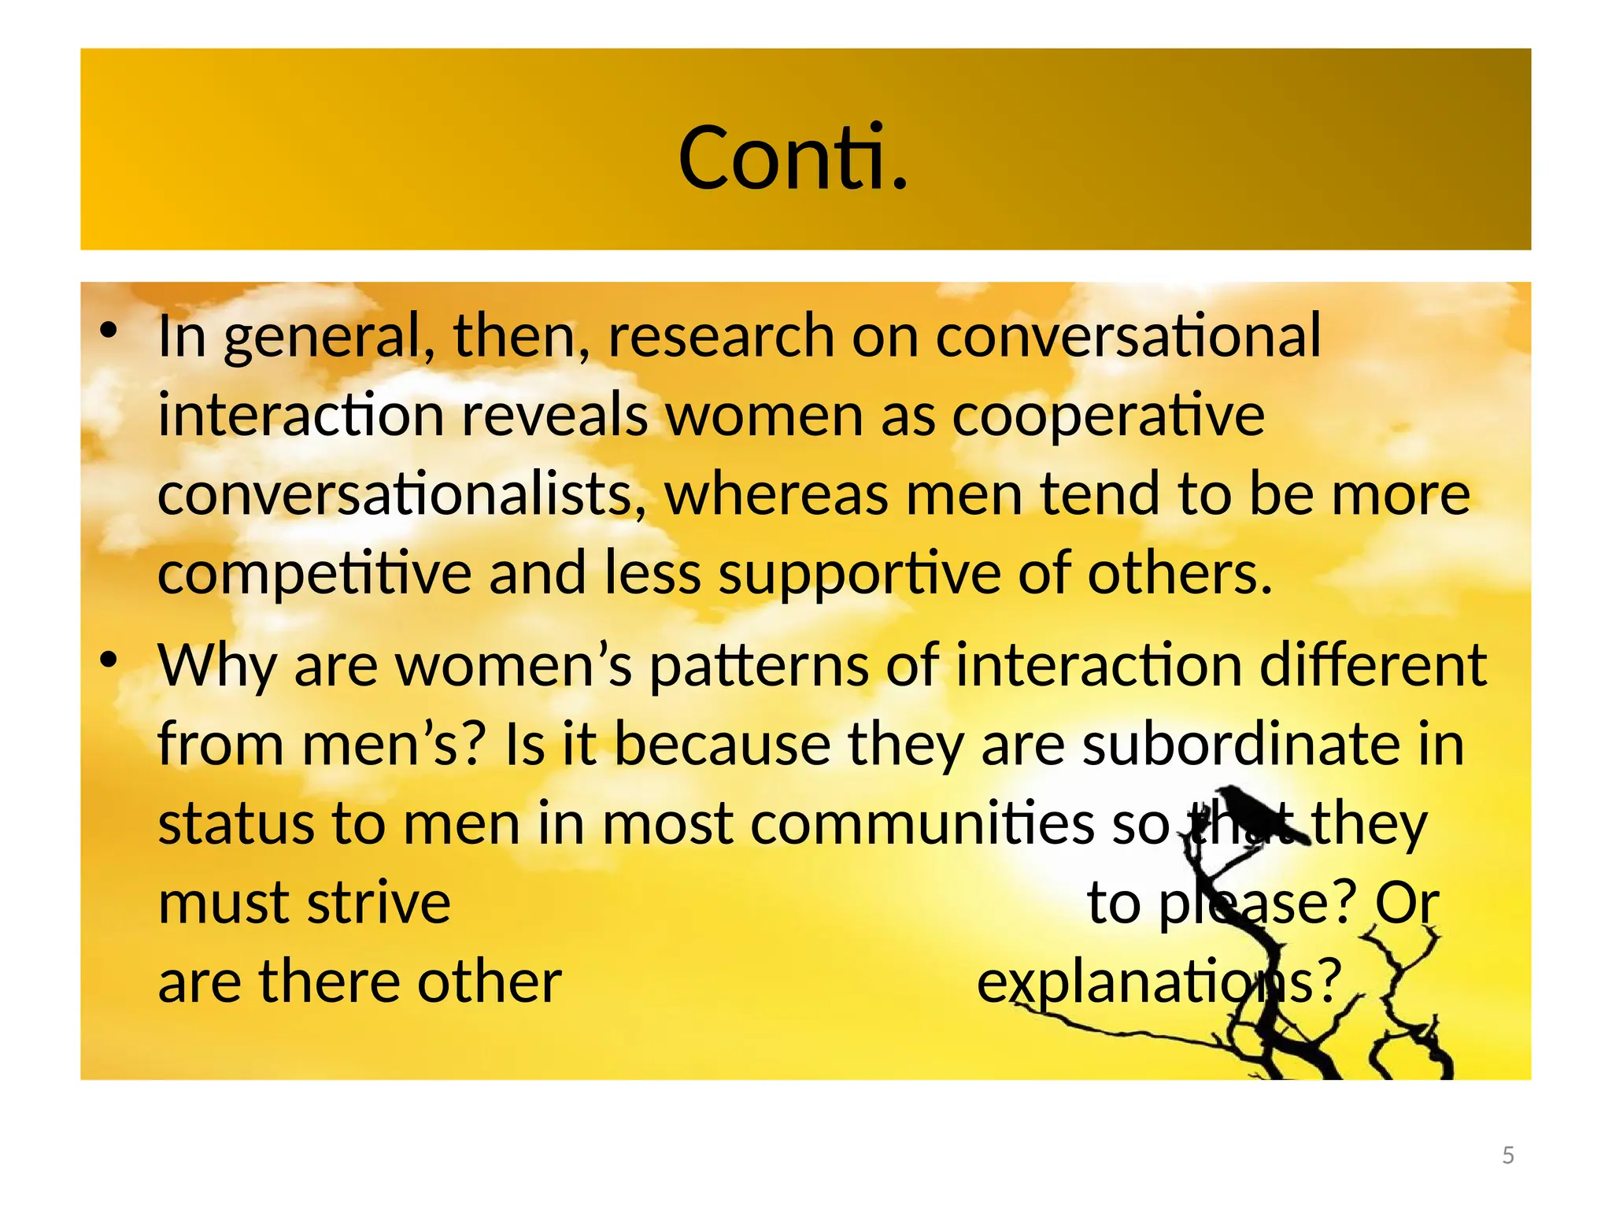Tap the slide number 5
pyautogui.click(x=1508, y=1155)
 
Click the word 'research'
pyautogui.click(x=721, y=337)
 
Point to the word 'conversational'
pyautogui.click(x=1128, y=335)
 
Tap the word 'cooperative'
pyautogui.click(x=1108, y=415)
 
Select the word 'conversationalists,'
pyautogui.click(x=402, y=494)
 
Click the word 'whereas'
pyautogui.click(x=777, y=494)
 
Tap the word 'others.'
pyautogui.click(x=1180, y=572)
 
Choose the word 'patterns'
pyautogui.click(x=759, y=666)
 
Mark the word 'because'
pyautogui.click(x=722, y=744)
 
